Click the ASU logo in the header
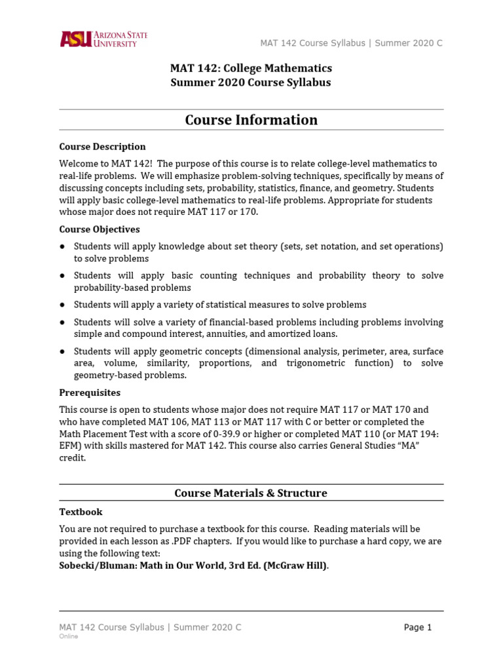point(103,39)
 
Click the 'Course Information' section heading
point(251,120)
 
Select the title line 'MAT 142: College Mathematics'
point(251,68)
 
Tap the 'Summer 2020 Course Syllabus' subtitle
point(251,83)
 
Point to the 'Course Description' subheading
point(102,146)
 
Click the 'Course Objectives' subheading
point(100,229)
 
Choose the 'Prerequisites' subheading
point(90,393)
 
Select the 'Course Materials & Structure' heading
point(251,493)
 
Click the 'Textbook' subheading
point(81,512)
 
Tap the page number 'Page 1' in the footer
point(418,627)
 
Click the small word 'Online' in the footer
point(69,636)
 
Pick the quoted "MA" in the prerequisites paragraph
point(412,446)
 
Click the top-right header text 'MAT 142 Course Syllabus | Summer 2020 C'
point(351,43)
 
